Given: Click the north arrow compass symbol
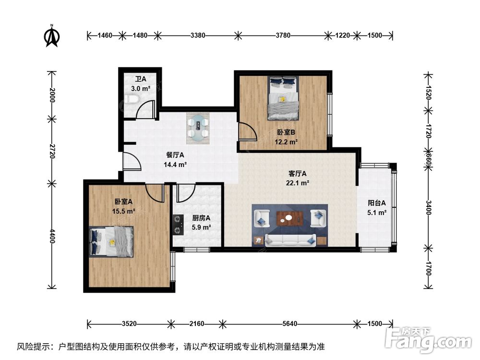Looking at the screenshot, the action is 52,36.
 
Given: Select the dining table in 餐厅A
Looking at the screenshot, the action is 198,128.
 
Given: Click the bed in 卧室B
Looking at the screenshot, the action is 283,98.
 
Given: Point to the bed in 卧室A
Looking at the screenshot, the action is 111,241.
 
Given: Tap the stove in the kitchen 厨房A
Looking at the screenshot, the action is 178,224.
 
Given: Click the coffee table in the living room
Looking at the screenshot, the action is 289,218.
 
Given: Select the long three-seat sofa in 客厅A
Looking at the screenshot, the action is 290,240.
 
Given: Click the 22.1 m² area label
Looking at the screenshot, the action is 297,183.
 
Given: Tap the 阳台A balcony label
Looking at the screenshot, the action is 376,203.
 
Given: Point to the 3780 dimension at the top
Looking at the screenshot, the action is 283,36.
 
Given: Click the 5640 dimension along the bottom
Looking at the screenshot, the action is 289,324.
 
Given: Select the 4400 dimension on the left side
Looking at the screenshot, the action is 52,236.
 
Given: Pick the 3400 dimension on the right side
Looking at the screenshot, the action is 428,207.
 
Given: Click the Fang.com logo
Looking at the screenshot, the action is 428,339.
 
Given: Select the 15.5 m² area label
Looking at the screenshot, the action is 124,211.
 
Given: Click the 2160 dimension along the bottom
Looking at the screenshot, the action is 196,324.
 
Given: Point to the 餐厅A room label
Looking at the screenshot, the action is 175,155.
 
